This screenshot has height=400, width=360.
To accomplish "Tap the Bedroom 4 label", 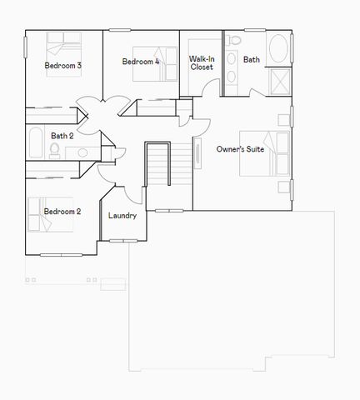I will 140,62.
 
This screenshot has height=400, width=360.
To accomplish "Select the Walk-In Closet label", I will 202,62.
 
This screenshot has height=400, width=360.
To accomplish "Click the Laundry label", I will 122,216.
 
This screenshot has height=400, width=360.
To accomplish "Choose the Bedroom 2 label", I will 62,212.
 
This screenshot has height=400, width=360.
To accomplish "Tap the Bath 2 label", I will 62,136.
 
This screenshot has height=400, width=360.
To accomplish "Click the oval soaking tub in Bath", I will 278,49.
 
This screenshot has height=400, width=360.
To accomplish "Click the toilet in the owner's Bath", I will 235,41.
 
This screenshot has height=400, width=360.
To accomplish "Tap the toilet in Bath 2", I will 55,150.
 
